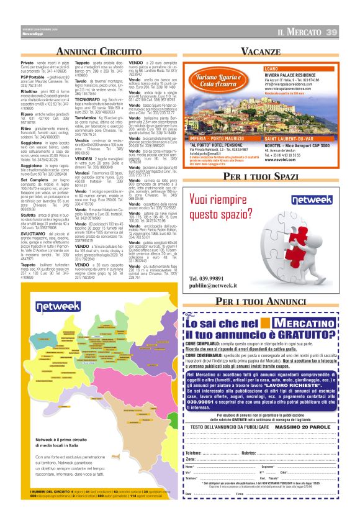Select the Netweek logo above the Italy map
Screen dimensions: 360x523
pyautogui.click(x=57, y=307)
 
